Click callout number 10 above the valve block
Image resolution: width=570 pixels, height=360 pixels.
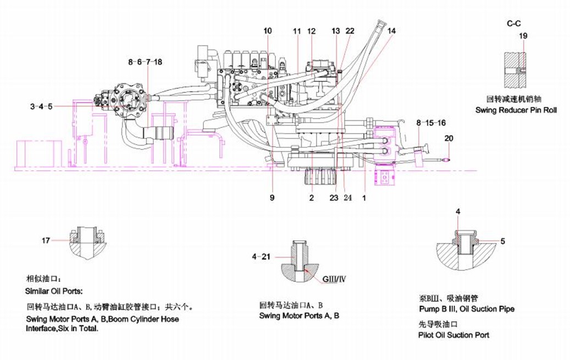click(x=267, y=31)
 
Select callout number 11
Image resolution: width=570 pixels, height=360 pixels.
click(x=297, y=31)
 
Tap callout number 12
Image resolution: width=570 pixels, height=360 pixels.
click(x=312, y=31)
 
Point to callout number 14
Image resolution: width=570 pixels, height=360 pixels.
click(x=391, y=31)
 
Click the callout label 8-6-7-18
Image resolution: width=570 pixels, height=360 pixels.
click(x=145, y=62)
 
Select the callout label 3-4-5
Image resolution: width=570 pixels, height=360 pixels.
click(x=42, y=106)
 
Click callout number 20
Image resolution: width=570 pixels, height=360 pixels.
click(x=449, y=139)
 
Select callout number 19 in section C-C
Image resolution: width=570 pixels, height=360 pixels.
click(x=523, y=36)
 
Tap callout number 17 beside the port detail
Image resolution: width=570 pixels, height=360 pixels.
click(x=46, y=240)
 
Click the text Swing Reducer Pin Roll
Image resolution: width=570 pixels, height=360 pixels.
click(x=516, y=110)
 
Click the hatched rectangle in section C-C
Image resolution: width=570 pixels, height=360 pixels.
click(x=516, y=69)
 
